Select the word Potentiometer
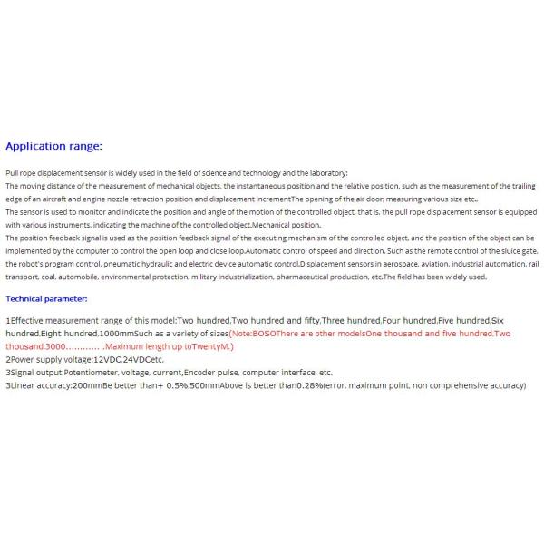pos(94,373)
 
